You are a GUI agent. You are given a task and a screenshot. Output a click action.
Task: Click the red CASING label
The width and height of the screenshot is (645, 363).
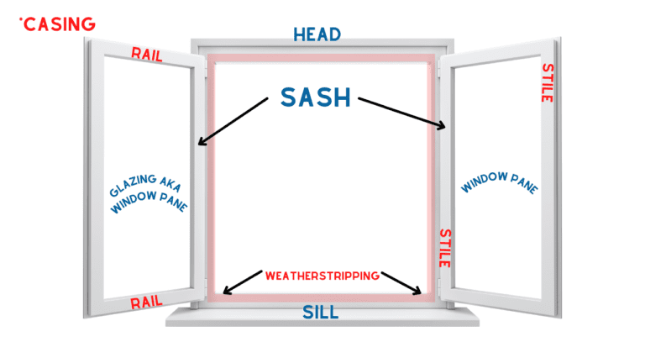[x=59, y=24]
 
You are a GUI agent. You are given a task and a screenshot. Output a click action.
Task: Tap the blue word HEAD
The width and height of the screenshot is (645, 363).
[x=317, y=34]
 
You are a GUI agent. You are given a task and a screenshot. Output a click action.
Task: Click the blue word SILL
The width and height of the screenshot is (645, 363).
[x=320, y=313]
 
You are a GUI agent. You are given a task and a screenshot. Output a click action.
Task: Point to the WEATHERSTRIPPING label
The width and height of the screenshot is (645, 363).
[x=322, y=275]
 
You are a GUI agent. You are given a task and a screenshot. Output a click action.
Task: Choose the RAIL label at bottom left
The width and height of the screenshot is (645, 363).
[x=147, y=302]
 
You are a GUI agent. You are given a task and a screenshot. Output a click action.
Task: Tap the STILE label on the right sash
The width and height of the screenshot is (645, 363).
[x=547, y=82]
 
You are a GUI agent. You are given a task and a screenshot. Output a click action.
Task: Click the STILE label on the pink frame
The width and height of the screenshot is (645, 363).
[x=444, y=248]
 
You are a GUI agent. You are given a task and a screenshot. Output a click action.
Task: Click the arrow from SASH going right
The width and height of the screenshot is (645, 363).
[x=402, y=113]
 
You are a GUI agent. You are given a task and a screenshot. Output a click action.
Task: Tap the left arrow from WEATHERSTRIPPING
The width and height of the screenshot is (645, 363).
[x=242, y=282]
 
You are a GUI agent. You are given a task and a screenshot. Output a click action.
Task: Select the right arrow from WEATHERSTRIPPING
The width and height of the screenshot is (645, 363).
[x=402, y=283]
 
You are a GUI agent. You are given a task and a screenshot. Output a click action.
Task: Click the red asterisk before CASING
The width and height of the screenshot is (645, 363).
[x=20, y=18]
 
